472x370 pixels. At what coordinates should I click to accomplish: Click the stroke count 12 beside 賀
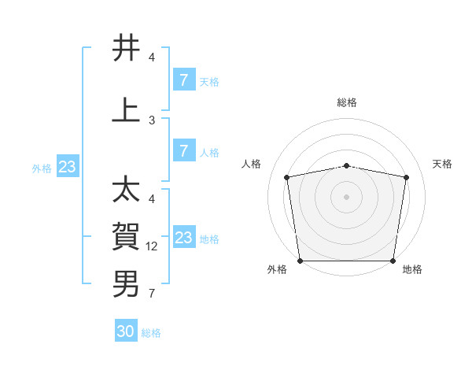153,246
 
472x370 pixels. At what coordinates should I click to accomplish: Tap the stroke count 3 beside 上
152,120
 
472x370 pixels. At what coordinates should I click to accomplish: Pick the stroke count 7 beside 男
152,294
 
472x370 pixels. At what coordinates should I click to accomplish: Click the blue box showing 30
126,331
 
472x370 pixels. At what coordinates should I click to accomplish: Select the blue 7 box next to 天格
183,80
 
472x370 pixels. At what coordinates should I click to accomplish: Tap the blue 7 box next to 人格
183,150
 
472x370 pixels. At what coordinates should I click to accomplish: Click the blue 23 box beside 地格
183,238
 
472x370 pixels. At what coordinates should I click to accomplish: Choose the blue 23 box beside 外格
67,167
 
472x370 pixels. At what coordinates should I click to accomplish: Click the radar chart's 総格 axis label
347,102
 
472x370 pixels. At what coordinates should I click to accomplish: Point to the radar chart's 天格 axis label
443,164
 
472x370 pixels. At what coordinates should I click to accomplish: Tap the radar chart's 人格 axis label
252,164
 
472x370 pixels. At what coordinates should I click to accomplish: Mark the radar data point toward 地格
393,261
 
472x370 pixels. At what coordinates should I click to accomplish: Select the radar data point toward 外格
300,261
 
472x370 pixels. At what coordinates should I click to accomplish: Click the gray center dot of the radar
347,196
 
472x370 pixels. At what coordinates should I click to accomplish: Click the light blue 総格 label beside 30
151,333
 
